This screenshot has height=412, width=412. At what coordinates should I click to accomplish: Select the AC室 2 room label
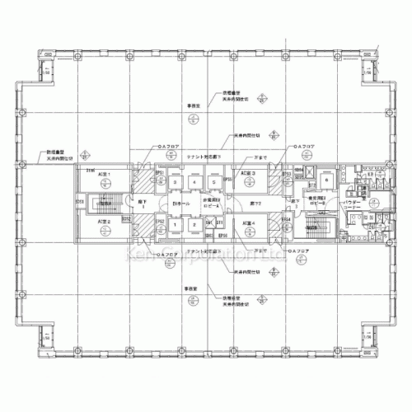(x=104, y=222)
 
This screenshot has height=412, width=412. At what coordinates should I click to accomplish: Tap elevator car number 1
(x=176, y=224)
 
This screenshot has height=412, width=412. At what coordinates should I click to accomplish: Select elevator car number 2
(x=194, y=224)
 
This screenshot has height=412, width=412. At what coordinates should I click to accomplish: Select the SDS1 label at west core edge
(x=79, y=200)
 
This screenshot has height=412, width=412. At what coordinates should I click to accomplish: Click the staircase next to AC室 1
(x=105, y=200)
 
